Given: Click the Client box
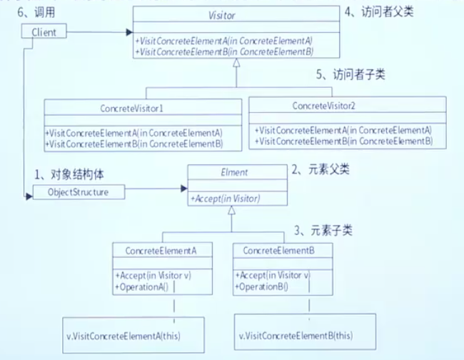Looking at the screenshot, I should [x=44, y=31].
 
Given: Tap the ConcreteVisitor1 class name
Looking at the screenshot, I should [x=134, y=108].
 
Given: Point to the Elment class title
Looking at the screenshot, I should [x=236, y=173].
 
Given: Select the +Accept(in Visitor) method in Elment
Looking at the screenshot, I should [x=225, y=198].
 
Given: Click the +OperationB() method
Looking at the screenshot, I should [x=258, y=286].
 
